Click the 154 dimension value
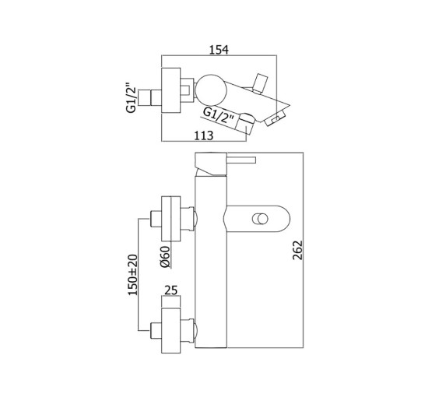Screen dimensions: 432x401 click(219, 50)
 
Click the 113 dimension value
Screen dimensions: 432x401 click(204, 135)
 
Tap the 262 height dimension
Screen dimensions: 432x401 click(297, 250)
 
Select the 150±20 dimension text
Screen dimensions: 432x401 click(132, 275)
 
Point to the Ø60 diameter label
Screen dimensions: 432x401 click(165, 257)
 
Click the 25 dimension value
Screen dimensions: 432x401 click(170, 290)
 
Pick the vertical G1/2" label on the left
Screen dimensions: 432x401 click(132, 98)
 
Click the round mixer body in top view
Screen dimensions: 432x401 click(211, 90)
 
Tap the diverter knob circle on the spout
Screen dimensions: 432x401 click(260, 219)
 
